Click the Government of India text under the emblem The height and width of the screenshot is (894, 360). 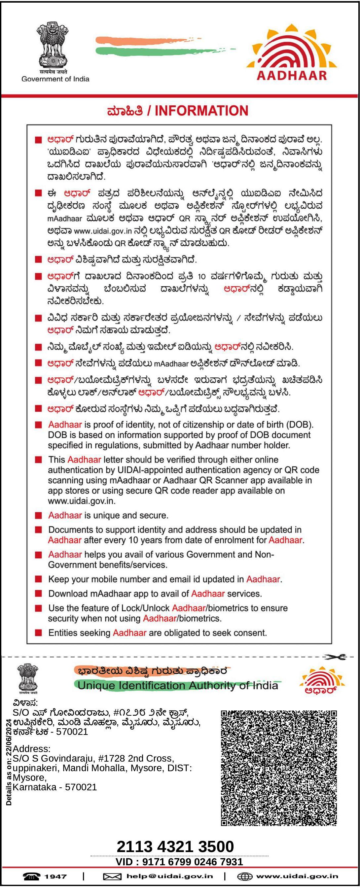tap(55, 79)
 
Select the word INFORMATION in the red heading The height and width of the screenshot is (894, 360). tap(201, 111)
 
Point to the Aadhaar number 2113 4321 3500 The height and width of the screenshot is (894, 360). tap(175, 846)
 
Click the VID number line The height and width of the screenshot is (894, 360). tap(179, 862)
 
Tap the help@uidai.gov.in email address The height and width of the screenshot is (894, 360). tap(170, 876)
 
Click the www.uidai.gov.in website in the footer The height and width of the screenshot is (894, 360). tap(297, 876)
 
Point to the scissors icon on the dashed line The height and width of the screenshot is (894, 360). tap(335, 657)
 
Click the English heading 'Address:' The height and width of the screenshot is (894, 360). tap(32, 749)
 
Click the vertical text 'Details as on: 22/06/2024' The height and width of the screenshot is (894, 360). tap(9, 762)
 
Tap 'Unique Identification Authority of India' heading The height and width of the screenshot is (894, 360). tap(178, 685)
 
